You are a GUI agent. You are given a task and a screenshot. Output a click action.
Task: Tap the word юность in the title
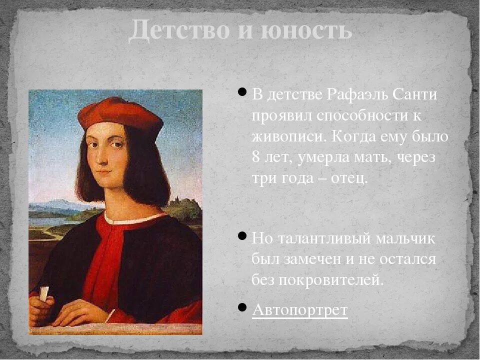click(306, 31)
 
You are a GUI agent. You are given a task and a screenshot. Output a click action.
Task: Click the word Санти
click(415, 94)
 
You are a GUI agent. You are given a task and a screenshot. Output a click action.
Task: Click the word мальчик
click(409, 238)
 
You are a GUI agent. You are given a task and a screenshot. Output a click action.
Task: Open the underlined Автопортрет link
click(299, 310)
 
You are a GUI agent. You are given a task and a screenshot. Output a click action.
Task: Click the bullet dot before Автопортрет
click(242, 306)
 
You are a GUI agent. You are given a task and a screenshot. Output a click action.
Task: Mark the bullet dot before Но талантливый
click(242, 235)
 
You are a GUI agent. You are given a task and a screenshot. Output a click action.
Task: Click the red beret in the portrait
click(120, 112)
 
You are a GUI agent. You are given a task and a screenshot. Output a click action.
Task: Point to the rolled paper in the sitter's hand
click(44, 293)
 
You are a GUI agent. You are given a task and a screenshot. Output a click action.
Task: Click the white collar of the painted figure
click(135, 218)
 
